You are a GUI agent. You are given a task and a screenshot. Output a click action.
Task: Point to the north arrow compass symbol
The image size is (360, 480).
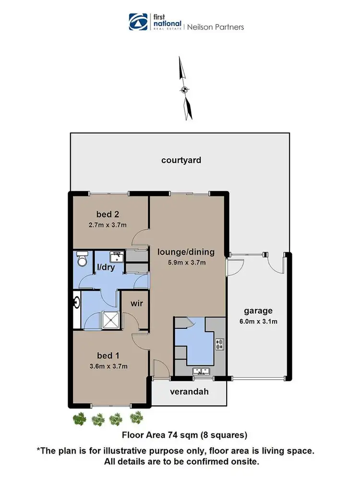pyautogui.click(x=184, y=89)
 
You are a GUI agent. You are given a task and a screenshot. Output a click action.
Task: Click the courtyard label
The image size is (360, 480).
pyautogui.click(x=181, y=160)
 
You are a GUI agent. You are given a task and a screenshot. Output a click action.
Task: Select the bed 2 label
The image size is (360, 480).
pyautogui.click(x=108, y=214)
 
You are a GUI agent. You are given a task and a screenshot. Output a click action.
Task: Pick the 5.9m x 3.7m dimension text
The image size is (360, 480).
pyautogui.click(x=186, y=262)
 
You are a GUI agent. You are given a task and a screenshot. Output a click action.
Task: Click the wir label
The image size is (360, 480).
pyautogui.click(x=137, y=303)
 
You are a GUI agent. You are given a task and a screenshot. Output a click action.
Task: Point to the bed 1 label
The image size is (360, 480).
pyautogui.click(x=108, y=356)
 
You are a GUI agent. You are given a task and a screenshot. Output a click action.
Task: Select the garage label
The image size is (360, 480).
pyautogui.click(x=258, y=311)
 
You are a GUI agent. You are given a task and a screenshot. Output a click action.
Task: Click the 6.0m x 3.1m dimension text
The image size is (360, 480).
pyautogui.click(x=258, y=321)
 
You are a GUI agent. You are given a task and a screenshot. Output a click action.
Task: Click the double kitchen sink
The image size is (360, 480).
pyautogui.click(x=200, y=371)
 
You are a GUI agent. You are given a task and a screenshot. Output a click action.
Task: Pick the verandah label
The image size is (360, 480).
pyautogui.click(x=189, y=392)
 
